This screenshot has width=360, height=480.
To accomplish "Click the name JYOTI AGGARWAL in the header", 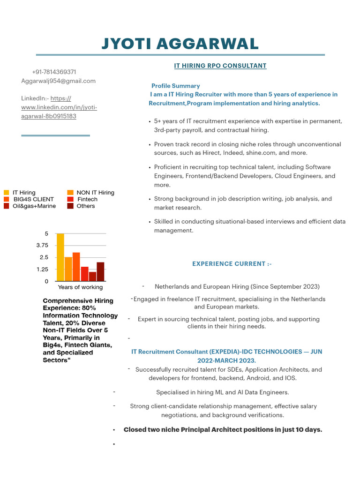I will pos(180,44).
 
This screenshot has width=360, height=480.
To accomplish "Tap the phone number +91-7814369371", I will pos(54,72).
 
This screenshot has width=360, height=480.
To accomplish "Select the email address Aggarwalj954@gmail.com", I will pos(58,81).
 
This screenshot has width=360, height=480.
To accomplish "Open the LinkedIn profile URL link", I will pos(59,107).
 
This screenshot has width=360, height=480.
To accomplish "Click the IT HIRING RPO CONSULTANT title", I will pos(220,66).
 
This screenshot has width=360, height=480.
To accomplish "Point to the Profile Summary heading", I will pos(175,86).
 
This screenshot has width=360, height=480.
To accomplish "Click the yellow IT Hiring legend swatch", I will pos(7,193).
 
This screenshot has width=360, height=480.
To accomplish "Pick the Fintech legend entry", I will pos(87,199).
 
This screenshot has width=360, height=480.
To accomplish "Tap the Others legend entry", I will pos(86,206).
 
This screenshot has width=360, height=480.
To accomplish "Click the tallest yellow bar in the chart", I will pos(60,257).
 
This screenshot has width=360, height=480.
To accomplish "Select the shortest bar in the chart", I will pos(92,276).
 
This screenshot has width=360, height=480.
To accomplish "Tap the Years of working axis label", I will pos(80,287).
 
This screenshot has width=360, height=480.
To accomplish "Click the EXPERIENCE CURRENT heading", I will pos(232,264).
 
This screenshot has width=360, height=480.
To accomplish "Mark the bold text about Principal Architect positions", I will pos(223,429).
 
